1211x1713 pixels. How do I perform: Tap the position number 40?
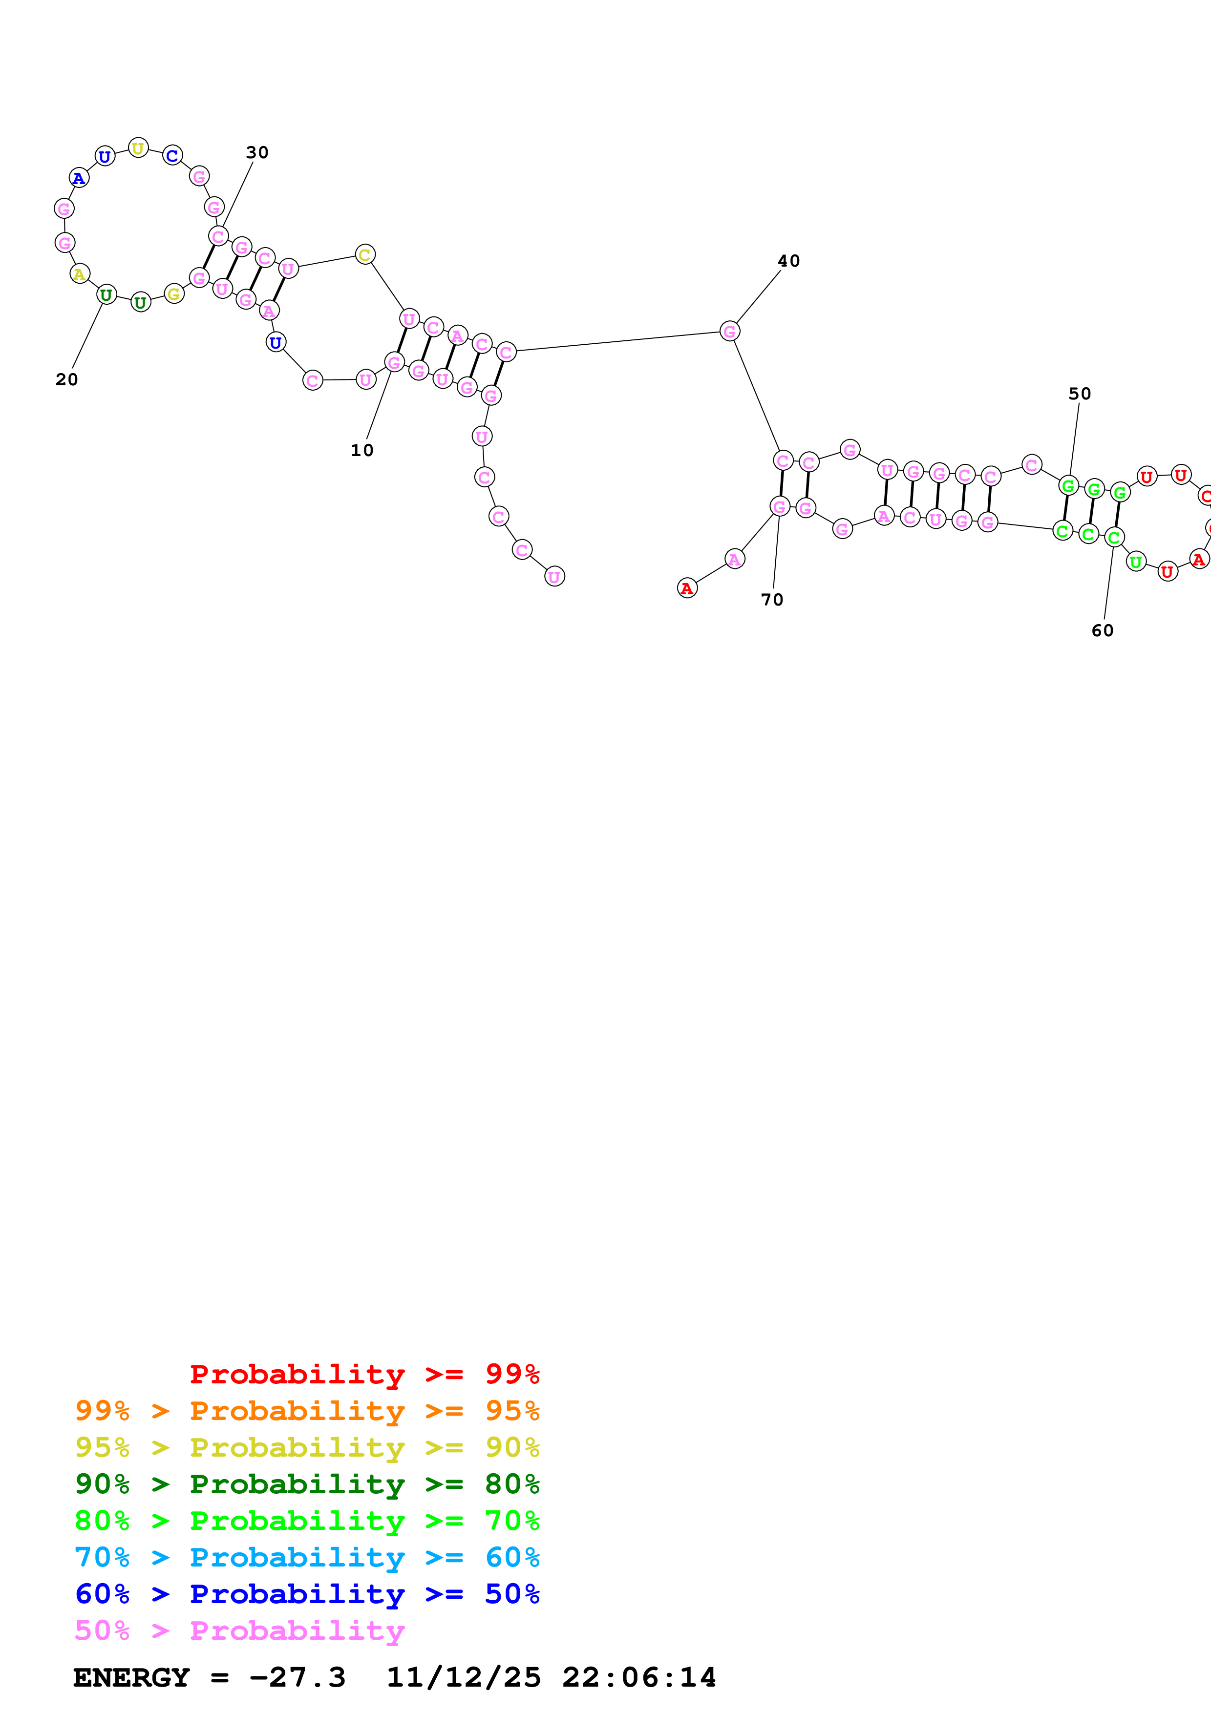point(788,261)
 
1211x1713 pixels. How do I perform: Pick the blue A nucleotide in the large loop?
point(78,178)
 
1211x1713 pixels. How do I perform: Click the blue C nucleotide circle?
point(172,155)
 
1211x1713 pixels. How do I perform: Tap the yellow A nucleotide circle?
point(80,274)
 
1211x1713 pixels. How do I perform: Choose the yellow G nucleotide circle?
point(174,294)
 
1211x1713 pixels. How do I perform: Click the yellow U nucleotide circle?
point(138,148)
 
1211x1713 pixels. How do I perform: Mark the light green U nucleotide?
point(1136,561)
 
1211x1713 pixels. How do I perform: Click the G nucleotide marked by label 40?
point(730,331)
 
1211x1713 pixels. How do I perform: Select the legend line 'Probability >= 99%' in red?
point(364,1374)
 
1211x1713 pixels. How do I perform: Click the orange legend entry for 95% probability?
point(307,1410)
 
